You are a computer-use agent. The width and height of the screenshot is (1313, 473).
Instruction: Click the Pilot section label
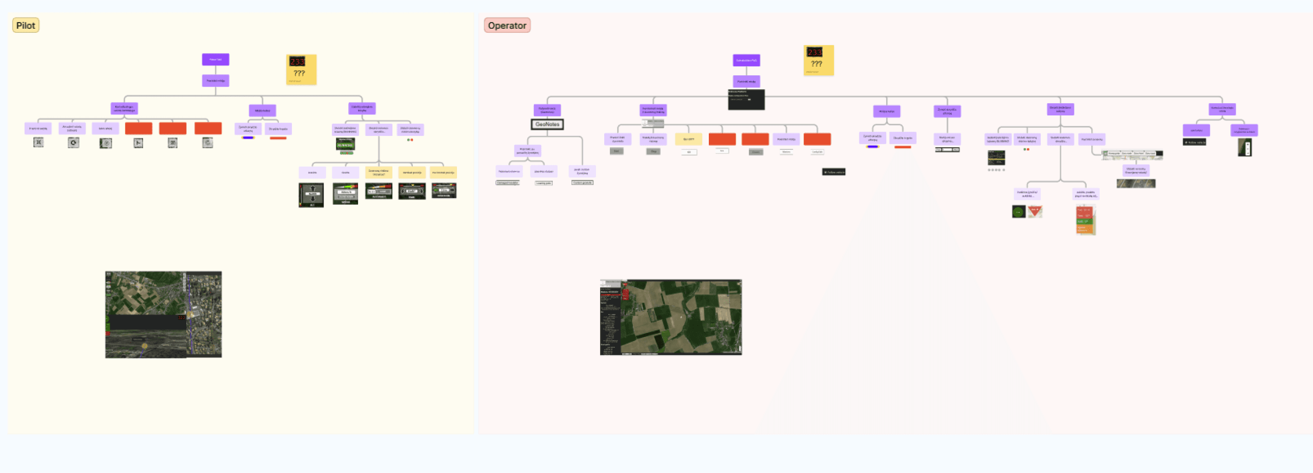pos(26,25)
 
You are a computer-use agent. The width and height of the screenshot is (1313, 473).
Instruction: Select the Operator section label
pos(507,25)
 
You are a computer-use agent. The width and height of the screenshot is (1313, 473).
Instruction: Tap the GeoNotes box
pos(547,124)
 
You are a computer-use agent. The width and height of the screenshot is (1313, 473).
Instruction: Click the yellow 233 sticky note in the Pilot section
pos(301,69)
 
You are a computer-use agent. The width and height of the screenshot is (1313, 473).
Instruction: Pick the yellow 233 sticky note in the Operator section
pos(819,60)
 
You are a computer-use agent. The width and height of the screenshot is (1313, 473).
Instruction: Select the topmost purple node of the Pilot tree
pos(215,60)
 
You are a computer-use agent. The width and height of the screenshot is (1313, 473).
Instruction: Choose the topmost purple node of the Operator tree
pos(746,60)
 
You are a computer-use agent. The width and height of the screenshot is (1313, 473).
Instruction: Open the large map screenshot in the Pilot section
pos(164,314)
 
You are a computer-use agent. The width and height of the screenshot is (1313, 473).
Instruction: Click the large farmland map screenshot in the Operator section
pos(671,317)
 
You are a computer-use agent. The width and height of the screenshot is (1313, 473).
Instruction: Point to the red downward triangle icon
pos(1035,211)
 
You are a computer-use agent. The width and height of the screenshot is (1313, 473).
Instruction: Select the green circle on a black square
pos(1019,211)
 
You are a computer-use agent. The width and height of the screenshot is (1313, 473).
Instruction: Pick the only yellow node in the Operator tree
pos(688,139)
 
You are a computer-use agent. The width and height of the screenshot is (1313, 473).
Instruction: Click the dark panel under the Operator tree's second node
pos(746,100)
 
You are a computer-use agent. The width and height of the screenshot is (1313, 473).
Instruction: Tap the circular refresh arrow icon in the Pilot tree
pos(73,143)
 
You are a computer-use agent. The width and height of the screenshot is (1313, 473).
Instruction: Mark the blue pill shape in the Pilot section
pos(248,137)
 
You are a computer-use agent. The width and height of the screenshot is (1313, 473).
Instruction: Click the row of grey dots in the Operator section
pos(996,170)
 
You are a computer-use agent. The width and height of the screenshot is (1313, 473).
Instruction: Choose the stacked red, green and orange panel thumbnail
pos(1085,220)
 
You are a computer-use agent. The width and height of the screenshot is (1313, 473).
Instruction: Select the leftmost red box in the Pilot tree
pos(138,128)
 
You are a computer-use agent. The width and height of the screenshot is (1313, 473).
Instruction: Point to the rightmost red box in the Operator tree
pos(817,139)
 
